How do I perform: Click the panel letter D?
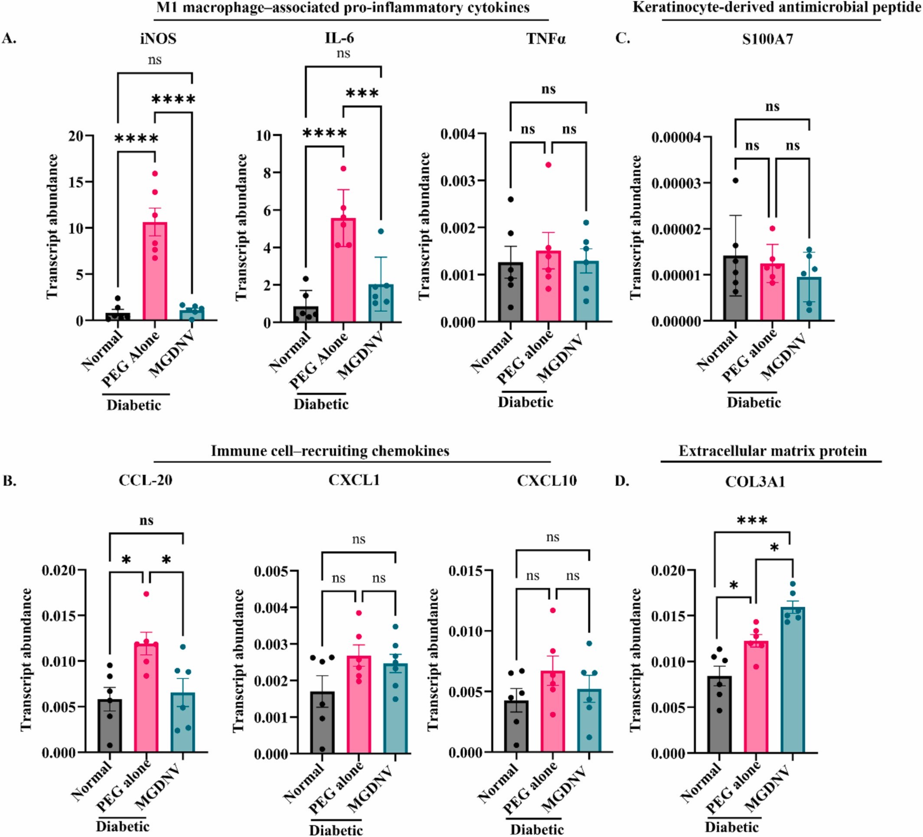coord(621,481)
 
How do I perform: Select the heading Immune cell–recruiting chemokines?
coord(329,451)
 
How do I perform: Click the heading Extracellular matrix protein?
coord(773,451)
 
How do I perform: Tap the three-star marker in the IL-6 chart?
coord(362,94)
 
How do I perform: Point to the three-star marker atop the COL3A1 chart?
coord(752,521)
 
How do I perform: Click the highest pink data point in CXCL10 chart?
coord(553,610)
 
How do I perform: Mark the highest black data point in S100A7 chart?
coord(735,180)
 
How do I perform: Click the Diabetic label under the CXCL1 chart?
coord(336,830)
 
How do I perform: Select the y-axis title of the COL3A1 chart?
coord(635,660)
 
